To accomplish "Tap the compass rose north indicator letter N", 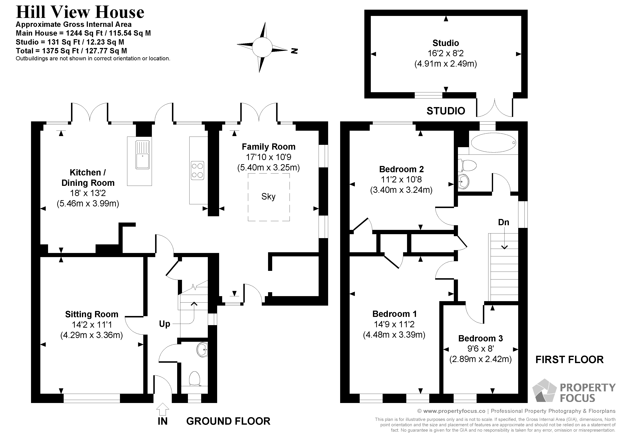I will coord(294,51).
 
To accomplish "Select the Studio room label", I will coord(445,43).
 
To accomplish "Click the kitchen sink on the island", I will coord(142,155).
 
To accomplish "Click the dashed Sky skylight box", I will coord(268,197).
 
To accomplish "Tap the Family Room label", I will coord(268,147).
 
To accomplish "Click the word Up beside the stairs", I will coord(164,324).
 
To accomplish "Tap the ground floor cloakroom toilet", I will coord(195,379).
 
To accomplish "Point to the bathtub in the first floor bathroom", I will coord(493,143).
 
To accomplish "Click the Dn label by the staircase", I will coord(503,222).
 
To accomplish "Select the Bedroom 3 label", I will coord(481,338).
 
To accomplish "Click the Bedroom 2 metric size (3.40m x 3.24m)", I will coord(401,190).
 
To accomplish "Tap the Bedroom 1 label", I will coord(394,314).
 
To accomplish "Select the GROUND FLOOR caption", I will coord(228,421).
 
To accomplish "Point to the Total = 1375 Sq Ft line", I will coord(71,51).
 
